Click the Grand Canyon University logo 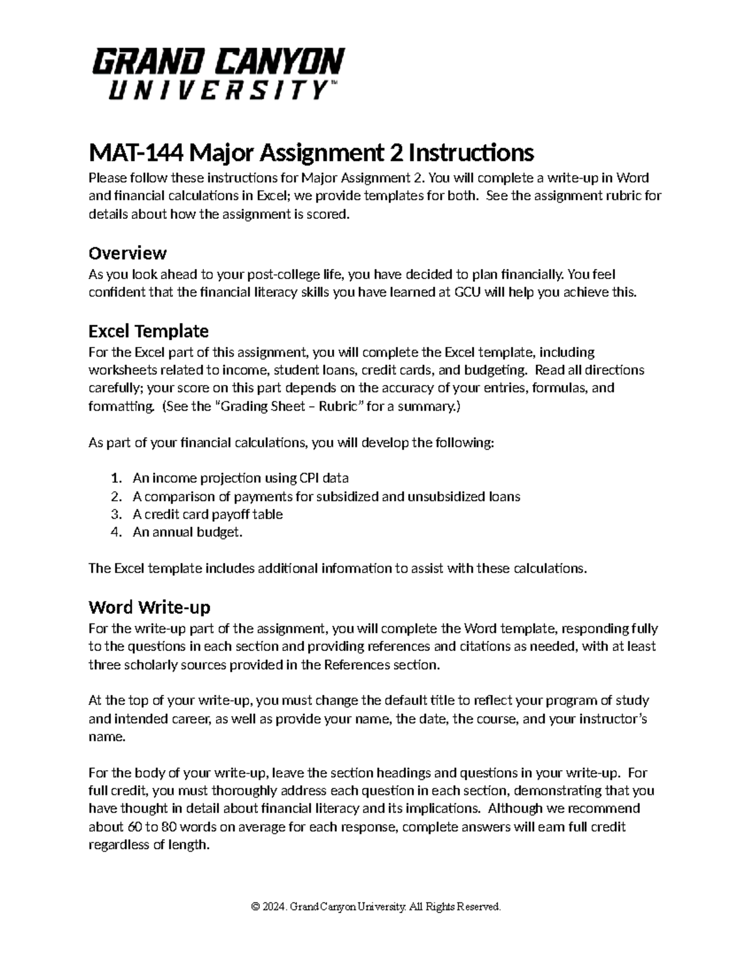pos(218,73)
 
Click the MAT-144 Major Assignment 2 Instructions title pos(311,152)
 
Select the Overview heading pos(127,253)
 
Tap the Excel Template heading pos(148,331)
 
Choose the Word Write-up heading pos(149,607)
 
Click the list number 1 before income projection pos(115,479)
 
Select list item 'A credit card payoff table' pos(208,514)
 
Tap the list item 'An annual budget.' pos(187,532)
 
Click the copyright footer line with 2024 pos(376,907)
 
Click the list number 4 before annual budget pos(115,532)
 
